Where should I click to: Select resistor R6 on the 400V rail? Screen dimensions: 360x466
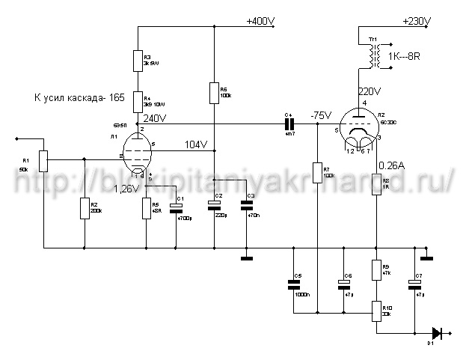pos(215,92)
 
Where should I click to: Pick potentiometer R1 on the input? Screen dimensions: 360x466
pos(44,159)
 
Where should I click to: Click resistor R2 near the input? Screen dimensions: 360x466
pos(84,207)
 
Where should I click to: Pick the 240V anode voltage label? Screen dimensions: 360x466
pos(155,118)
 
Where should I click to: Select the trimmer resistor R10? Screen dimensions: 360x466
pos(375,309)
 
